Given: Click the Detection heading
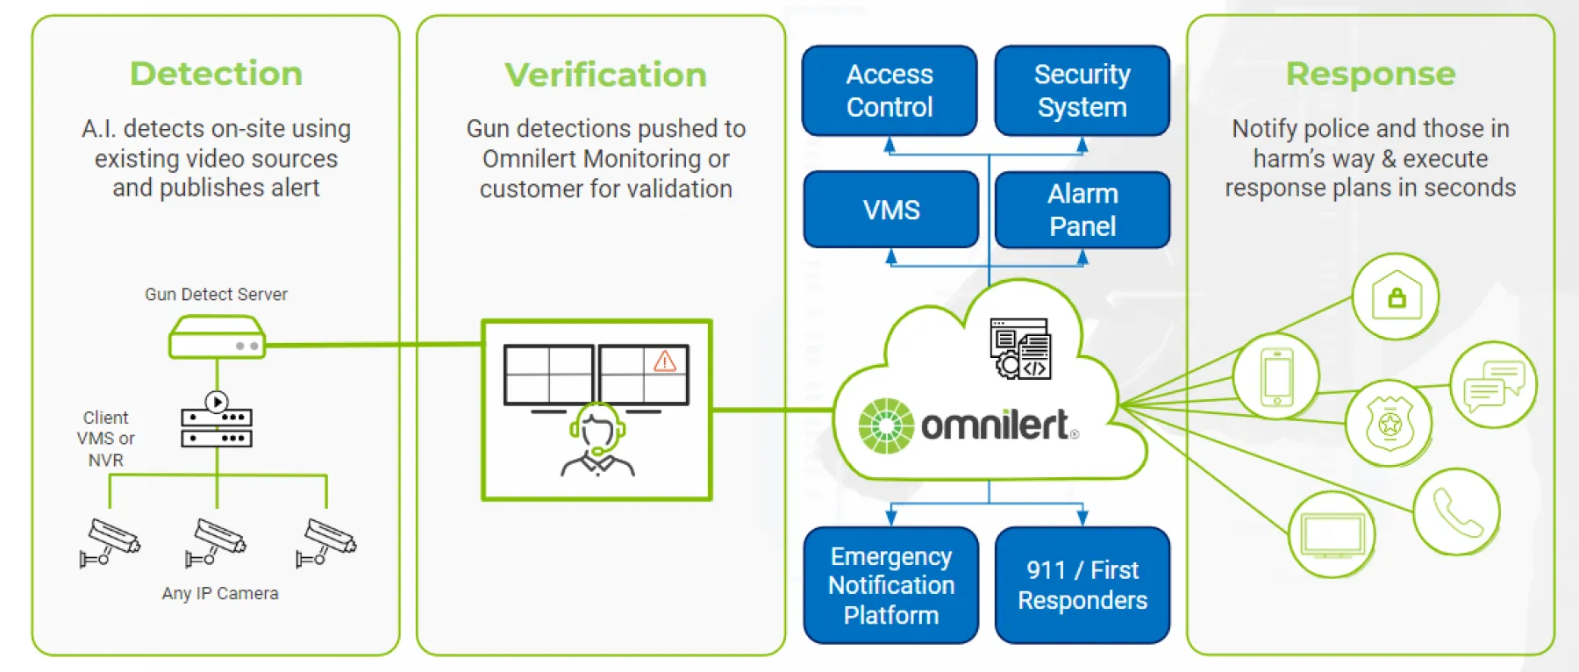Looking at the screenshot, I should pyautogui.click(x=216, y=74).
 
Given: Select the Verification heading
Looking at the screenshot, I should pyautogui.click(x=605, y=75).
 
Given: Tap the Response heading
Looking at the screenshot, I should pyautogui.click(x=1370, y=74).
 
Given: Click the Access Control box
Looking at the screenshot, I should pyautogui.click(x=890, y=91).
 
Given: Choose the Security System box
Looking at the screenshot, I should pyautogui.click(x=1082, y=91).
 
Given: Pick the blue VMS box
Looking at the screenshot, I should pyautogui.click(x=891, y=210).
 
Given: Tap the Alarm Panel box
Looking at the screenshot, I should pyautogui.click(x=1082, y=210).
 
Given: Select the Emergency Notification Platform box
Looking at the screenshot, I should pyautogui.click(x=891, y=585).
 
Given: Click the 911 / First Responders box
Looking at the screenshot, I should pyautogui.click(x=1082, y=585).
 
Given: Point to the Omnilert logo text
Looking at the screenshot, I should pyautogui.click(x=995, y=425).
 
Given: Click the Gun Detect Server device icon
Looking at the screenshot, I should pyautogui.click(x=217, y=338).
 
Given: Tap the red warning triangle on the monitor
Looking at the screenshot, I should pyautogui.click(x=665, y=361).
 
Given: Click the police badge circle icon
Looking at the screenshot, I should pyautogui.click(x=1390, y=424).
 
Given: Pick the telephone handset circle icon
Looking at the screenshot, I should pyautogui.click(x=1457, y=512).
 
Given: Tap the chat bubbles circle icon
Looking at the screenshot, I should pyautogui.click(x=1493, y=385).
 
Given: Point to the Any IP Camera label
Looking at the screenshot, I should pyautogui.click(x=220, y=593).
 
